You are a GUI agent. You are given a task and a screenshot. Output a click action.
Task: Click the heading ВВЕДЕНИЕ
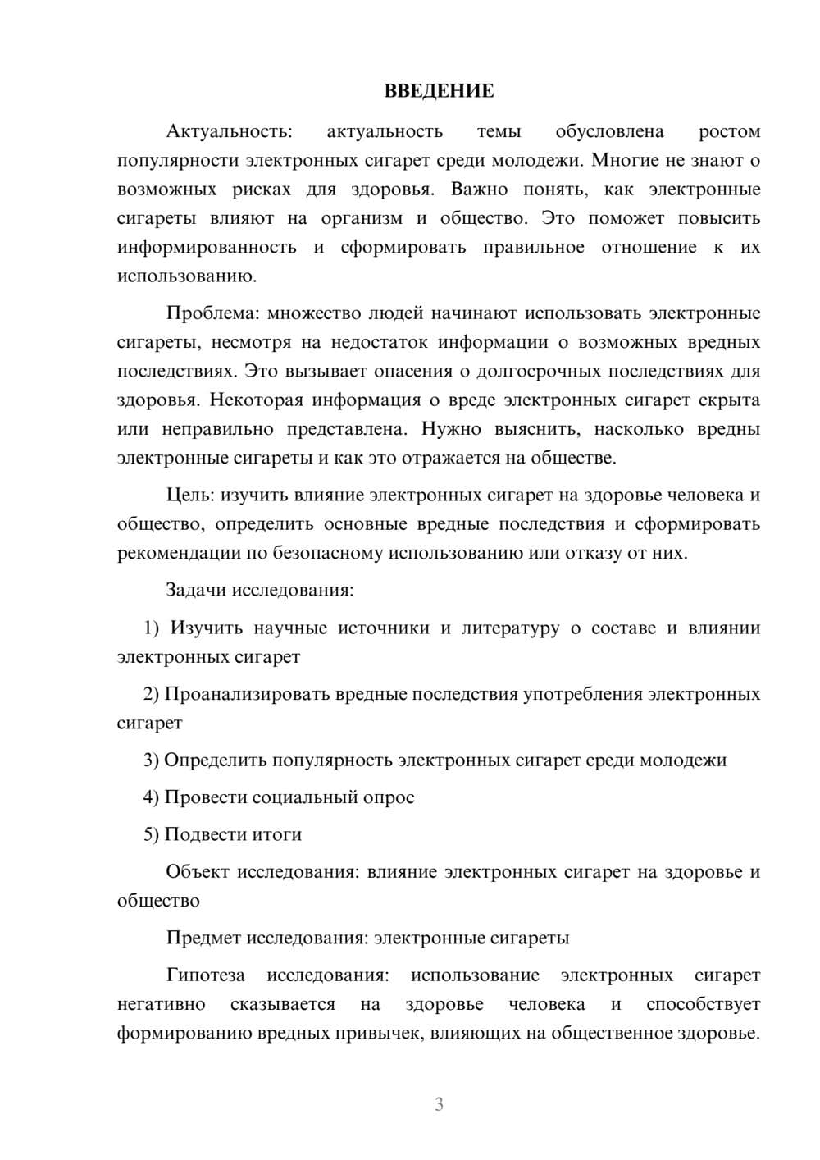pos(439,91)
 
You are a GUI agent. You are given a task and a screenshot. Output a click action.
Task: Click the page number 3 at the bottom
pos(439,1104)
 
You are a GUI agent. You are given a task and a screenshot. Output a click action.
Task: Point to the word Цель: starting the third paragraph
pos(190,495)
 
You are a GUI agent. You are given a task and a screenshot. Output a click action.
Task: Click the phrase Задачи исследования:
pos(259,590)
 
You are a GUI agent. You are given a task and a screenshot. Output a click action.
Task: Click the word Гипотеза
pos(205,975)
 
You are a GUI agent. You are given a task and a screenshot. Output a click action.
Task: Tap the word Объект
pos(197,872)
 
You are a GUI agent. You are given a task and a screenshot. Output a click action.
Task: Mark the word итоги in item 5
pos(277,834)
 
